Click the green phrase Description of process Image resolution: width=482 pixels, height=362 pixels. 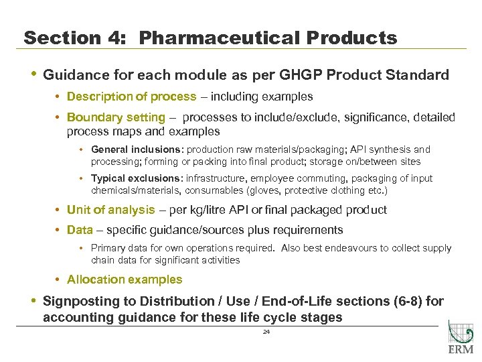click(x=132, y=97)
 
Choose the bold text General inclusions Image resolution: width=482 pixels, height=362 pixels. click(x=137, y=149)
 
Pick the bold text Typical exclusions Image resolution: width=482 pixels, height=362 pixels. click(x=137, y=178)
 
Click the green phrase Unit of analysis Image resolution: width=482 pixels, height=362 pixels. click(x=110, y=210)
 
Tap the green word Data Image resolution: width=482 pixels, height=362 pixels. click(x=80, y=230)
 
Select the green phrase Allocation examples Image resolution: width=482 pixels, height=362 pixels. click(x=125, y=280)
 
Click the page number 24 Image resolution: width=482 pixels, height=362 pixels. click(x=266, y=333)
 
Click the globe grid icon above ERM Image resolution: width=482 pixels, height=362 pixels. click(x=460, y=333)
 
